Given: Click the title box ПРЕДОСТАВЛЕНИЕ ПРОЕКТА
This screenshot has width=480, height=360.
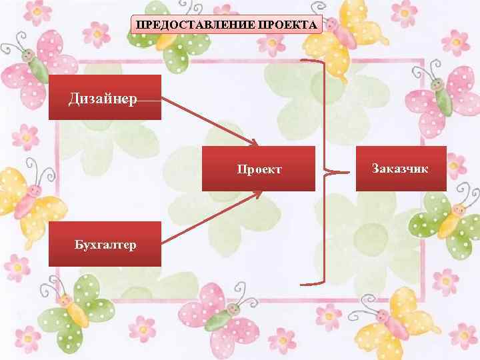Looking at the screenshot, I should coord(227,25).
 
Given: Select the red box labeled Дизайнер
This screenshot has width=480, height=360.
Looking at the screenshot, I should coord(105,97).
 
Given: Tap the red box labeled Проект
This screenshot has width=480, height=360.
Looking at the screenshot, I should coord(259,169).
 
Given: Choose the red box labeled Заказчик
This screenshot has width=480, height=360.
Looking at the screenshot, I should coord(400,168).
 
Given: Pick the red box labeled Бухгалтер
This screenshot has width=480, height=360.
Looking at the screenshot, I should coord(105,244).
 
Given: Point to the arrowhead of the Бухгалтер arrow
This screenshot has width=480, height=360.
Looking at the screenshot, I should coord(258,193).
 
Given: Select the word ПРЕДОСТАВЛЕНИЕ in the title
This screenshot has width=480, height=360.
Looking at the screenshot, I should coord(194,25).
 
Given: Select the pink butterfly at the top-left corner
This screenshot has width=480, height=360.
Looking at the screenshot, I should coord(33,73).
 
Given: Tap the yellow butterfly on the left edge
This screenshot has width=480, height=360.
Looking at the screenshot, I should coord(27,197).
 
